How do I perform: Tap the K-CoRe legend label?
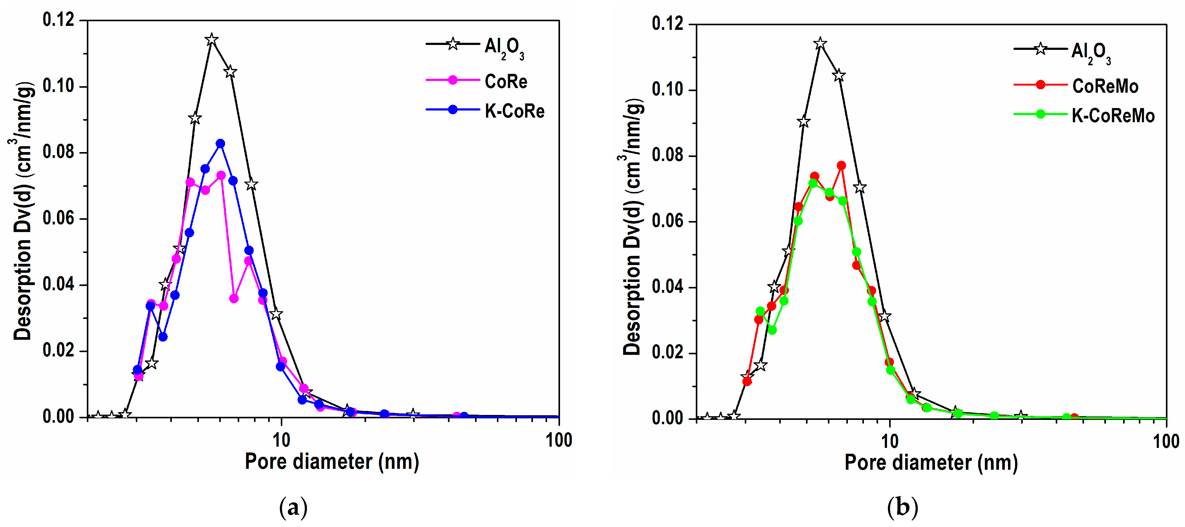[514, 111]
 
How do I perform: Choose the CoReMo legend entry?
[1105, 86]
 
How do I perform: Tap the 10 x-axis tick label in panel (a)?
[281, 440]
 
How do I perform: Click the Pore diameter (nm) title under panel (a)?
[332, 461]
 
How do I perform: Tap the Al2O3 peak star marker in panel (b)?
[820, 44]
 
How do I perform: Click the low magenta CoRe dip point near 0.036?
[234, 299]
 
